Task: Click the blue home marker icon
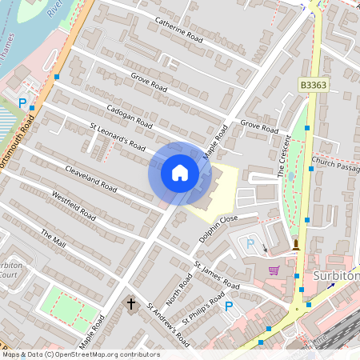179,173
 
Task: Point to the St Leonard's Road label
118,136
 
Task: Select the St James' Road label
216,274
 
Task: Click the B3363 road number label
314,85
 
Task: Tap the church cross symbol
132,304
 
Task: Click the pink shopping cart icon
274,270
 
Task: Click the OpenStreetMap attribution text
80,354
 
